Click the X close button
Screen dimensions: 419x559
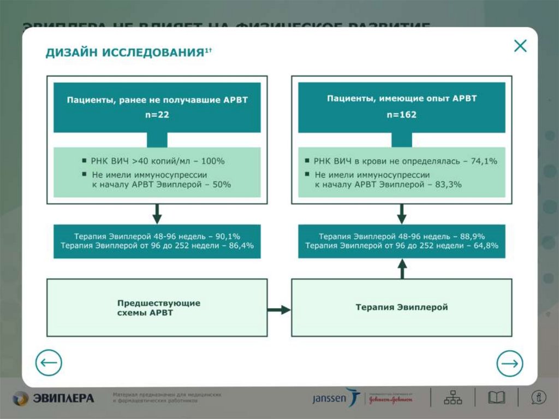tap(520, 46)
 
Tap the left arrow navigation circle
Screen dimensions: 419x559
tap(49, 363)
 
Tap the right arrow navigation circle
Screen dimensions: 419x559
tap(509, 363)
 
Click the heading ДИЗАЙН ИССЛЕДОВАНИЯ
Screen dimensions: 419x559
tap(125, 52)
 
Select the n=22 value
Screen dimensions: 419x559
tap(157, 115)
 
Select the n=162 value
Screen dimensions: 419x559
tap(402, 115)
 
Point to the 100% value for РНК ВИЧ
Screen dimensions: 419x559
tap(214, 162)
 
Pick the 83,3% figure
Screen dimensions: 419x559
tap(449, 185)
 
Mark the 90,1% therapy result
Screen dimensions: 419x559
tap(228, 236)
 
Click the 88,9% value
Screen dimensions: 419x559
tap(473, 236)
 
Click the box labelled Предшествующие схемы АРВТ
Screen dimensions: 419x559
tap(157, 308)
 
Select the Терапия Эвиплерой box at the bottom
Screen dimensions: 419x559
tap(402, 308)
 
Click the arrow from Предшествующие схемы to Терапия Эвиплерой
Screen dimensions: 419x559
tap(279, 310)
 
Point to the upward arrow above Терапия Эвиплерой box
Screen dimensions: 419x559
tap(402, 268)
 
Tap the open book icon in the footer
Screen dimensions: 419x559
tap(496, 397)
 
